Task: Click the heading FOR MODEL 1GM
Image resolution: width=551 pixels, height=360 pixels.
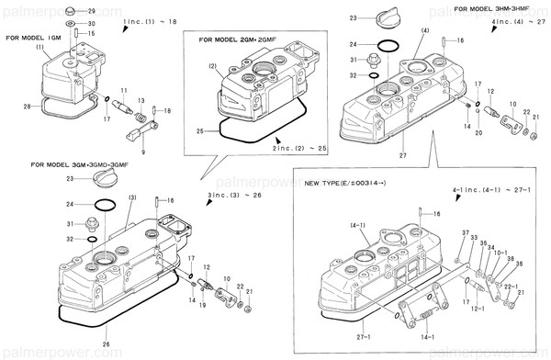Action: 35,39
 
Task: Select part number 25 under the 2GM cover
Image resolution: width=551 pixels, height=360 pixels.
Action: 200,131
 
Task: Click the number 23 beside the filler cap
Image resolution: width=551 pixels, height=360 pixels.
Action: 351,17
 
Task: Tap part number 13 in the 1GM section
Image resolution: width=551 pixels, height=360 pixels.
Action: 141,98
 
